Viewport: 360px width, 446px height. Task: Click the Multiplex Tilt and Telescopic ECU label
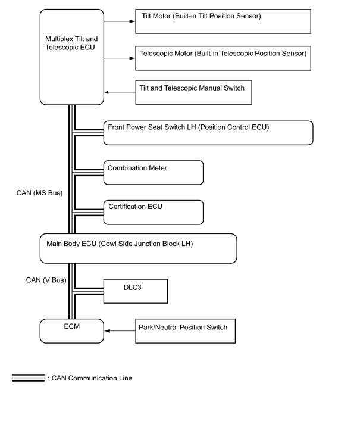click(x=71, y=43)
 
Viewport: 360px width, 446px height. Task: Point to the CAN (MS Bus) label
click(x=39, y=193)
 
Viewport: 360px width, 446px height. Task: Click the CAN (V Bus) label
click(x=46, y=280)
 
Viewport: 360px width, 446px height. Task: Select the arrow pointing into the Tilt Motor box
click(x=120, y=21)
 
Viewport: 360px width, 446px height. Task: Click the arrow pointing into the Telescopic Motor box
click(x=120, y=58)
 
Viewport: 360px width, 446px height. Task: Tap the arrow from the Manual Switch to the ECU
click(x=120, y=92)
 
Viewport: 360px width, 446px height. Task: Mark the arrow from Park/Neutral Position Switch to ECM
click(x=120, y=331)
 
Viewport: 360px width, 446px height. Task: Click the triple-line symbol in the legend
click(x=29, y=378)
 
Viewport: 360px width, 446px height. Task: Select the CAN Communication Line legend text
click(x=90, y=378)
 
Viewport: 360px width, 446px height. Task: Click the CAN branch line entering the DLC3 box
click(x=88, y=291)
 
